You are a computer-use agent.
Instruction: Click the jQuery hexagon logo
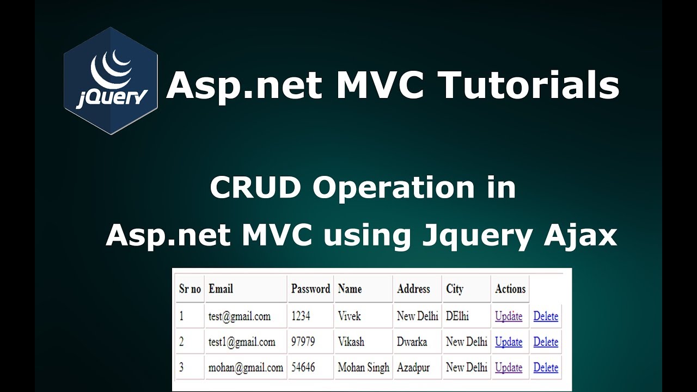[111, 81]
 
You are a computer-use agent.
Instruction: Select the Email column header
[221, 289]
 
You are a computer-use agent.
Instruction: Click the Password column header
[310, 289]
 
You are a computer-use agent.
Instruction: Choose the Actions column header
[510, 289]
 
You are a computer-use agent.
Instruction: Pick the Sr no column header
[190, 289]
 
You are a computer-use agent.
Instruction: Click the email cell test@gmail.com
[239, 316]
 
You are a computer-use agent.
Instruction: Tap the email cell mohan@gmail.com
[246, 367]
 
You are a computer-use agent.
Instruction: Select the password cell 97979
[303, 342]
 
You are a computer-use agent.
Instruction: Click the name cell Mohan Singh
[363, 367]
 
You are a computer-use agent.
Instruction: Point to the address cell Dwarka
[412, 342]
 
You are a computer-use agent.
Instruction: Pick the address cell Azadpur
[413, 367]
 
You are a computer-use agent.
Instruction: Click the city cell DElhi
[457, 316]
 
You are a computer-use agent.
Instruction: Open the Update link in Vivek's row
[509, 316]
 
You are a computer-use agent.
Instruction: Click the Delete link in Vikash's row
[546, 342]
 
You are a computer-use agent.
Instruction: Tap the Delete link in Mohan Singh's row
[546, 367]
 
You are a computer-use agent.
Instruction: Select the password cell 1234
[301, 316]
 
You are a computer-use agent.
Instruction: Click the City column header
[455, 289]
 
